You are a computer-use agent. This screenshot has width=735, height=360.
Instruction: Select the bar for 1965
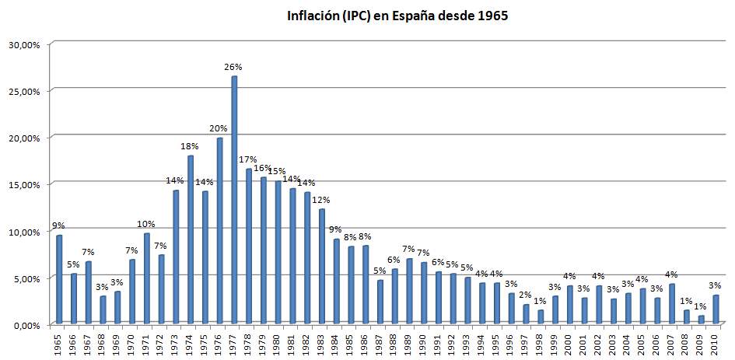point(59,280)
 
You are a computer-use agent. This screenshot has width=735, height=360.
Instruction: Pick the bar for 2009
point(702,320)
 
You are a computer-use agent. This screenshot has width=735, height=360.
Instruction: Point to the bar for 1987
point(380,302)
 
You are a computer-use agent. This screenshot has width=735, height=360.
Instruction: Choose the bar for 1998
point(541,316)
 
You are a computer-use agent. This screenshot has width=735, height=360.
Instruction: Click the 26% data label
point(234,68)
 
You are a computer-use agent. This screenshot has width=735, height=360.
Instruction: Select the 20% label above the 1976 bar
point(219,129)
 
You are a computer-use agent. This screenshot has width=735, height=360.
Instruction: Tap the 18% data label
point(190,146)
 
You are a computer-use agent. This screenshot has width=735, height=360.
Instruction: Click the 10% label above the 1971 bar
point(146,224)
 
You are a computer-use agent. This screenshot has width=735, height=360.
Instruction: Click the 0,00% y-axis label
point(25,324)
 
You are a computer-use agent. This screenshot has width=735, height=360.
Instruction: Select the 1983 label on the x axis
point(321,341)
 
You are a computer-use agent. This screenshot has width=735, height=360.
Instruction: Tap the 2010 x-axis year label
point(716,341)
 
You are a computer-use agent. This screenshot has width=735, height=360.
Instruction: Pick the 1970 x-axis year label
point(131,341)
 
